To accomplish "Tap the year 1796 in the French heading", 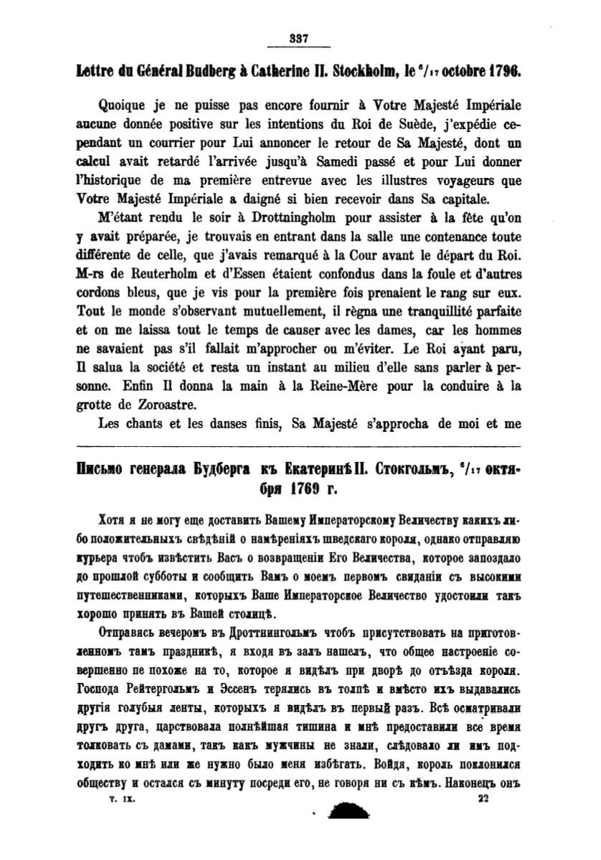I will click(x=503, y=72).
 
